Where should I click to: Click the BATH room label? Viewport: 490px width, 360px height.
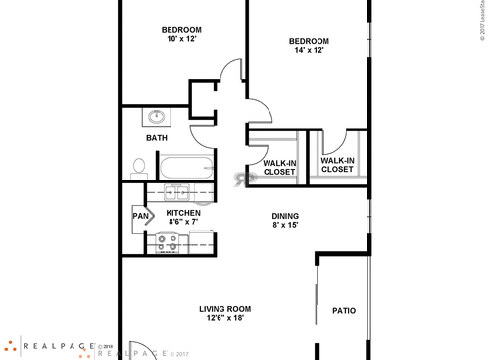157,138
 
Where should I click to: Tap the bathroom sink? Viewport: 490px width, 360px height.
157,118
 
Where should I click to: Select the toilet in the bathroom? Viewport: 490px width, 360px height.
138,167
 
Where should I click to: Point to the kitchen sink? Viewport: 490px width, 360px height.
177,191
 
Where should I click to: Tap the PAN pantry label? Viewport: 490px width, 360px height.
140,215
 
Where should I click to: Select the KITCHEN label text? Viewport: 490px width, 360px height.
183,213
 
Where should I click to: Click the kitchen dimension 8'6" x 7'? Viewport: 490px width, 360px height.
182,223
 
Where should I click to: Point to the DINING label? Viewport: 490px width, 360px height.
285,216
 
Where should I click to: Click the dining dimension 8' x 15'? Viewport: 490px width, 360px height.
285,226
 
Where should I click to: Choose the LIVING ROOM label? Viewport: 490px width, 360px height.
225,308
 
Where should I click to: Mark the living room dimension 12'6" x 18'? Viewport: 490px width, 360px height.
225,318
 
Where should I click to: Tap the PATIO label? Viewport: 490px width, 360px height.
343,311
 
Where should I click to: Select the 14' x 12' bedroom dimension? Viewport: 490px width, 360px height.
308,51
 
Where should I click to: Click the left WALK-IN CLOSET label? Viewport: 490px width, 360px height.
279,168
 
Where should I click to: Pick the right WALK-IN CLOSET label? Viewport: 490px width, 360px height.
337,164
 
